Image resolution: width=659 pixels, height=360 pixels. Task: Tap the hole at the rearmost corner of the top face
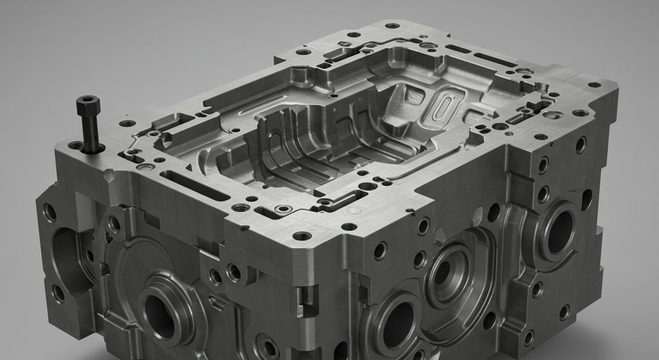tap(391, 26)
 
